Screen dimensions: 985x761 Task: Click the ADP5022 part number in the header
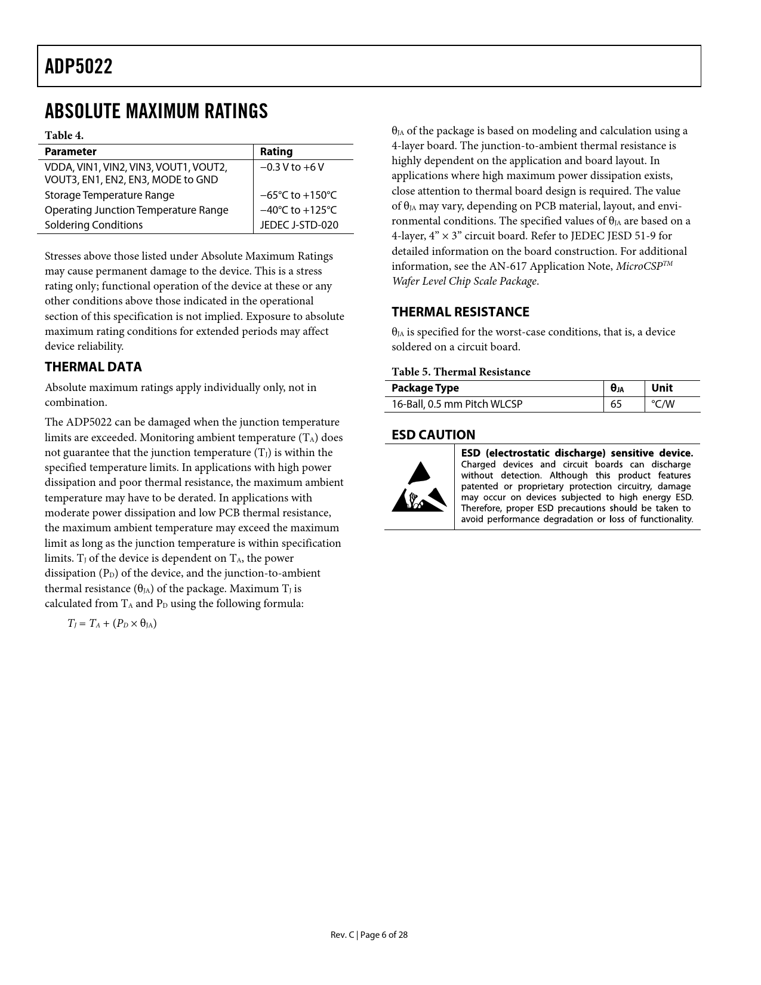[78, 66]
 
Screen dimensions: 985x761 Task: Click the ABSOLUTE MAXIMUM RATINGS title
[156, 112]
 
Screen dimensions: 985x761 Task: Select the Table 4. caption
[64, 136]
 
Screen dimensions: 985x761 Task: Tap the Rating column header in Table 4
[276, 152]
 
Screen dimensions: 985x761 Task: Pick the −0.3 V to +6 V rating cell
[292, 167]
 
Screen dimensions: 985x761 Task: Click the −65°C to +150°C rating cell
[298, 195]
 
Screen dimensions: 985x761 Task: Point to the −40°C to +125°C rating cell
[298, 210]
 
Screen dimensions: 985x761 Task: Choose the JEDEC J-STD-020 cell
[298, 225]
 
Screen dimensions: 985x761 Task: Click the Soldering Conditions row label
[94, 225]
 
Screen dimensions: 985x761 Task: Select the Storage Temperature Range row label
[109, 195]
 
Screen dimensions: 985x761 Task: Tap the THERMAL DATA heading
[93, 367]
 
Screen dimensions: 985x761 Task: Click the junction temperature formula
[112, 624]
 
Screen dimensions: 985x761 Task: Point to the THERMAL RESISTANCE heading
[460, 312]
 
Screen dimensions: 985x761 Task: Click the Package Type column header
[425, 388]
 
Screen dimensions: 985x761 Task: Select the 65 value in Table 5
[616, 404]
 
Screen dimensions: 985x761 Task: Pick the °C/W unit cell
[663, 404]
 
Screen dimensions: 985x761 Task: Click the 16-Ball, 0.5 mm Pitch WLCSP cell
[457, 404]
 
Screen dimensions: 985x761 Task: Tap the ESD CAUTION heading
[433, 435]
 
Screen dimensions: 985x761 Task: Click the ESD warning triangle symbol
[419, 487]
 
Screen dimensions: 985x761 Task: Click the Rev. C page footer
[369, 935]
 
